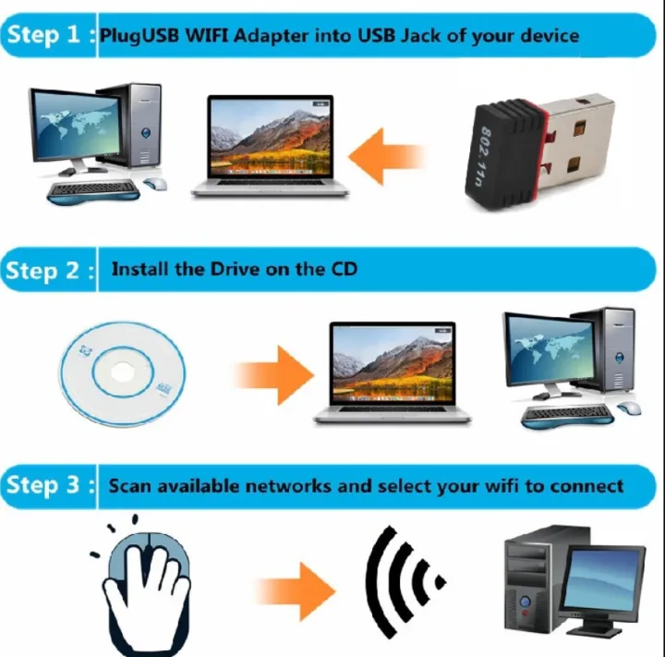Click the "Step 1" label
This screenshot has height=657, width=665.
coord(46,35)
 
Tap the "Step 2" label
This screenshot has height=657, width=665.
coord(46,271)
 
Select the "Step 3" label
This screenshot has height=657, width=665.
coord(46,485)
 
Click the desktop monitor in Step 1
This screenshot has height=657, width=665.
coord(69,125)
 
